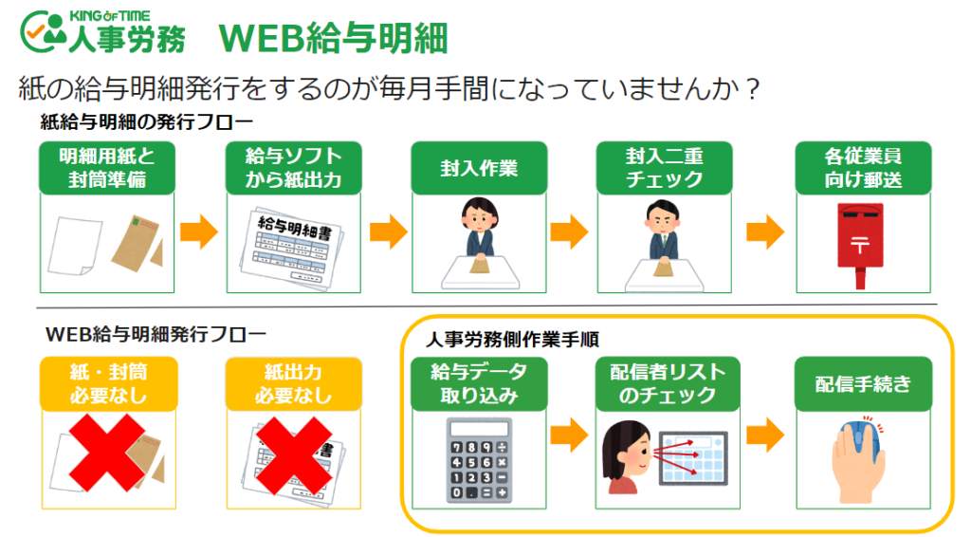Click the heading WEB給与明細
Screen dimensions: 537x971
point(333,38)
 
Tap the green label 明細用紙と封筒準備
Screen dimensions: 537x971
point(107,168)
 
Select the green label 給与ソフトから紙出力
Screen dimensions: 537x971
point(293,168)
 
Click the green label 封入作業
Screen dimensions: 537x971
point(479,168)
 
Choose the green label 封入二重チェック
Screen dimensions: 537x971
point(664,168)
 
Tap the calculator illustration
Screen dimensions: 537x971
point(479,459)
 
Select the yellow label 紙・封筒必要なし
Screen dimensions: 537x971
point(107,384)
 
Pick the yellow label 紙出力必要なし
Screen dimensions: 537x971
point(293,384)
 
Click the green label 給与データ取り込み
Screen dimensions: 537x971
point(479,384)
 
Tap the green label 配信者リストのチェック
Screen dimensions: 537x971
point(664,384)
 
